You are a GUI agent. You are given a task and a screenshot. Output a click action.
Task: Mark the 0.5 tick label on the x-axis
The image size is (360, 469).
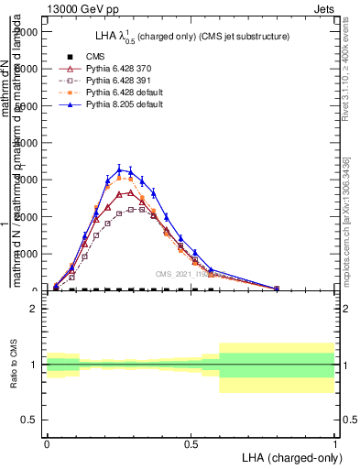pyautogui.click(x=191, y=442)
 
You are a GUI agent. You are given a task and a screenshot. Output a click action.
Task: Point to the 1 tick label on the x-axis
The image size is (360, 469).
pyautogui.click(x=334, y=442)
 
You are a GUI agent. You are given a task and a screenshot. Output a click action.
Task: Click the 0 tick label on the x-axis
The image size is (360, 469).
pyautogui.click(x=47, y=442)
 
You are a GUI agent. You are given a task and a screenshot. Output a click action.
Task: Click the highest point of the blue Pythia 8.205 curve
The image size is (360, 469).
pyautogui.click(x=119, y=169)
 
